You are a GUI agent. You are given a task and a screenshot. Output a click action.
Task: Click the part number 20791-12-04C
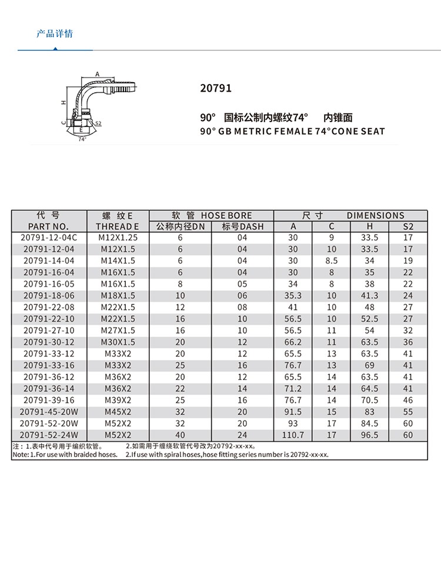point(48,237)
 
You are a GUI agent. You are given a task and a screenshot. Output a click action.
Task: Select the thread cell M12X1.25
point(118,237)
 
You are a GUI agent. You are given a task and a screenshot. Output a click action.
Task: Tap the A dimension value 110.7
point(293,435)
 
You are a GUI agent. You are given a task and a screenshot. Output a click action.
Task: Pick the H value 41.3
point(369,296)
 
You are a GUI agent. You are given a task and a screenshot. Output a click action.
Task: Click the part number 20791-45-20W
point(48,412)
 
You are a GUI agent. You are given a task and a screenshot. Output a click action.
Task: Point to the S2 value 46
point(408,400)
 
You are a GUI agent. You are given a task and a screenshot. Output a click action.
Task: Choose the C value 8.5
point(331,261)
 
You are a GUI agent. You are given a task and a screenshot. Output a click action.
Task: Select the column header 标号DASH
point(243,227)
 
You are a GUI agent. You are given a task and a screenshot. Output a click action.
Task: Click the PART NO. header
point(48,227)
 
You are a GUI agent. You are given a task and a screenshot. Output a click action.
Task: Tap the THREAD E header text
point(118,227)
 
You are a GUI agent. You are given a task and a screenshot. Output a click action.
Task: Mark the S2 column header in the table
point(408,227)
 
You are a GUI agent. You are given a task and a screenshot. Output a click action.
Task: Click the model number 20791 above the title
point(216,89)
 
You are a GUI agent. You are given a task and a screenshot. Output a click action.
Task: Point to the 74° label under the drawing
point(82,139)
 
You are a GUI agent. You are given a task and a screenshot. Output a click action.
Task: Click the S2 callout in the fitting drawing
point(98,124)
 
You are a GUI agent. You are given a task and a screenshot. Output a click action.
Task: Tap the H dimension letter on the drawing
point(62,102)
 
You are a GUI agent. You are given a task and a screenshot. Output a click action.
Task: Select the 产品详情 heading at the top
point(55,33)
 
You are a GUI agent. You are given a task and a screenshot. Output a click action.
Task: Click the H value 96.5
point(369,435)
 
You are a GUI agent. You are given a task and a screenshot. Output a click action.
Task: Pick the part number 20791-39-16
point(48,400)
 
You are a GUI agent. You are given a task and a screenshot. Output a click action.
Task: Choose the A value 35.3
point(293,296)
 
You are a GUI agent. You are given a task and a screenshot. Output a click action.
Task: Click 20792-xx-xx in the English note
point(310,454)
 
